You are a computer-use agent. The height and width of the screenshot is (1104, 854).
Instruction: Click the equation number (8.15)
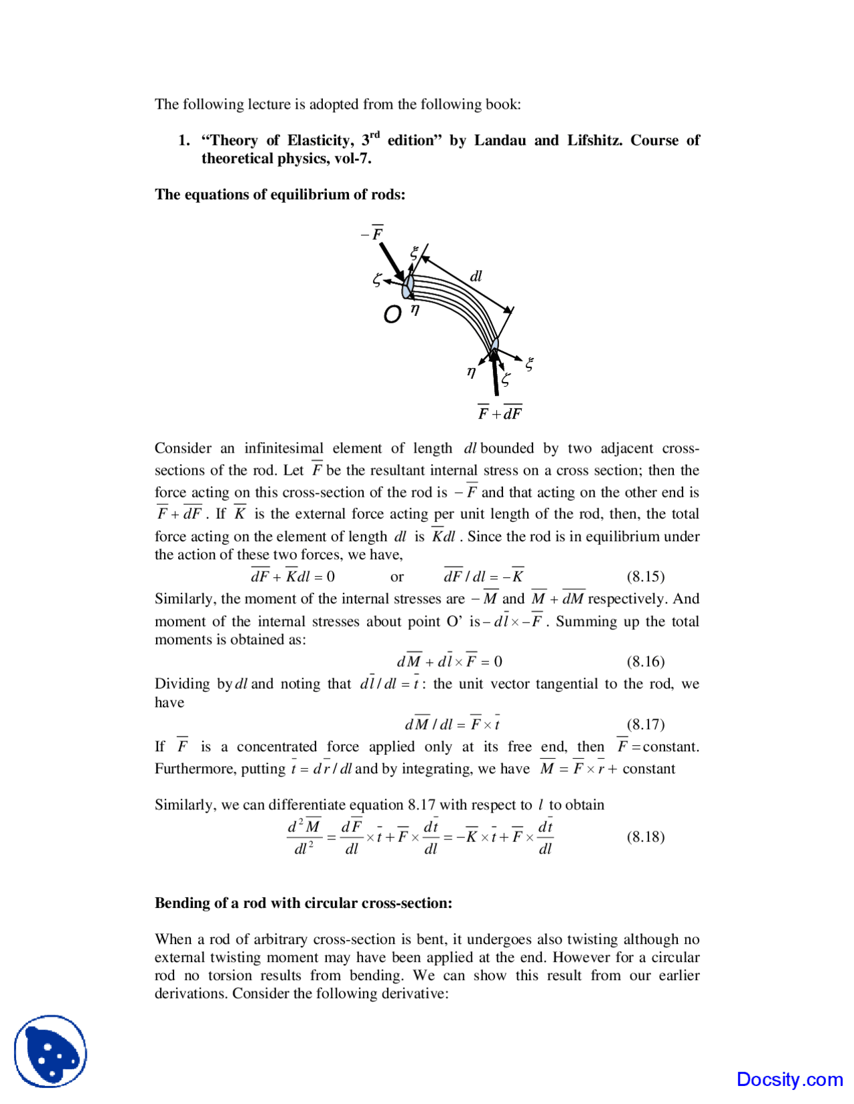pos(645,576)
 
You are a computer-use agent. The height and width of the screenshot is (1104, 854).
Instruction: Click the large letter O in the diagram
pos(392,314)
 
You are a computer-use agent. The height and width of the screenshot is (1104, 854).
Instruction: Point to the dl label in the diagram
pos(476,276)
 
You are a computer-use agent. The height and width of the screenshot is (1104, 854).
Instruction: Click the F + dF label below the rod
pos(500,413)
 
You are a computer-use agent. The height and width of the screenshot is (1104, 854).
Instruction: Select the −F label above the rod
pos(372,233)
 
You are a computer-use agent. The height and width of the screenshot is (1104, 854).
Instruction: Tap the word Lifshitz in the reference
pos(594,140)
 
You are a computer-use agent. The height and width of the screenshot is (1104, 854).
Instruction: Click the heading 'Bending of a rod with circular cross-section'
pos(303,903)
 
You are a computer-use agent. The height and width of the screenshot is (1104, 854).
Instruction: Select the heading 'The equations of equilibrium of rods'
pos(280,194)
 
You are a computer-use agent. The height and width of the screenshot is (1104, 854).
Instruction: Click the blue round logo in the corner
pos(51,1051)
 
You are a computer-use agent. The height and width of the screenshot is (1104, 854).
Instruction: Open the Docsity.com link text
pos(789,1079)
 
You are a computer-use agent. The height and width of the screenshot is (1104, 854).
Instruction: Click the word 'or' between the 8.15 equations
pos(397,577)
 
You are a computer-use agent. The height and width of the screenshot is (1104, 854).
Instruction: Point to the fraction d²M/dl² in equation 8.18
pos(304,837)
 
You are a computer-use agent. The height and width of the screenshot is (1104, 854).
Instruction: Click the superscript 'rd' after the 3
pos(375,135)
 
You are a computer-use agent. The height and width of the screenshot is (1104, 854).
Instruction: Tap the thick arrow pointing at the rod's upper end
pos(391,261)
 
